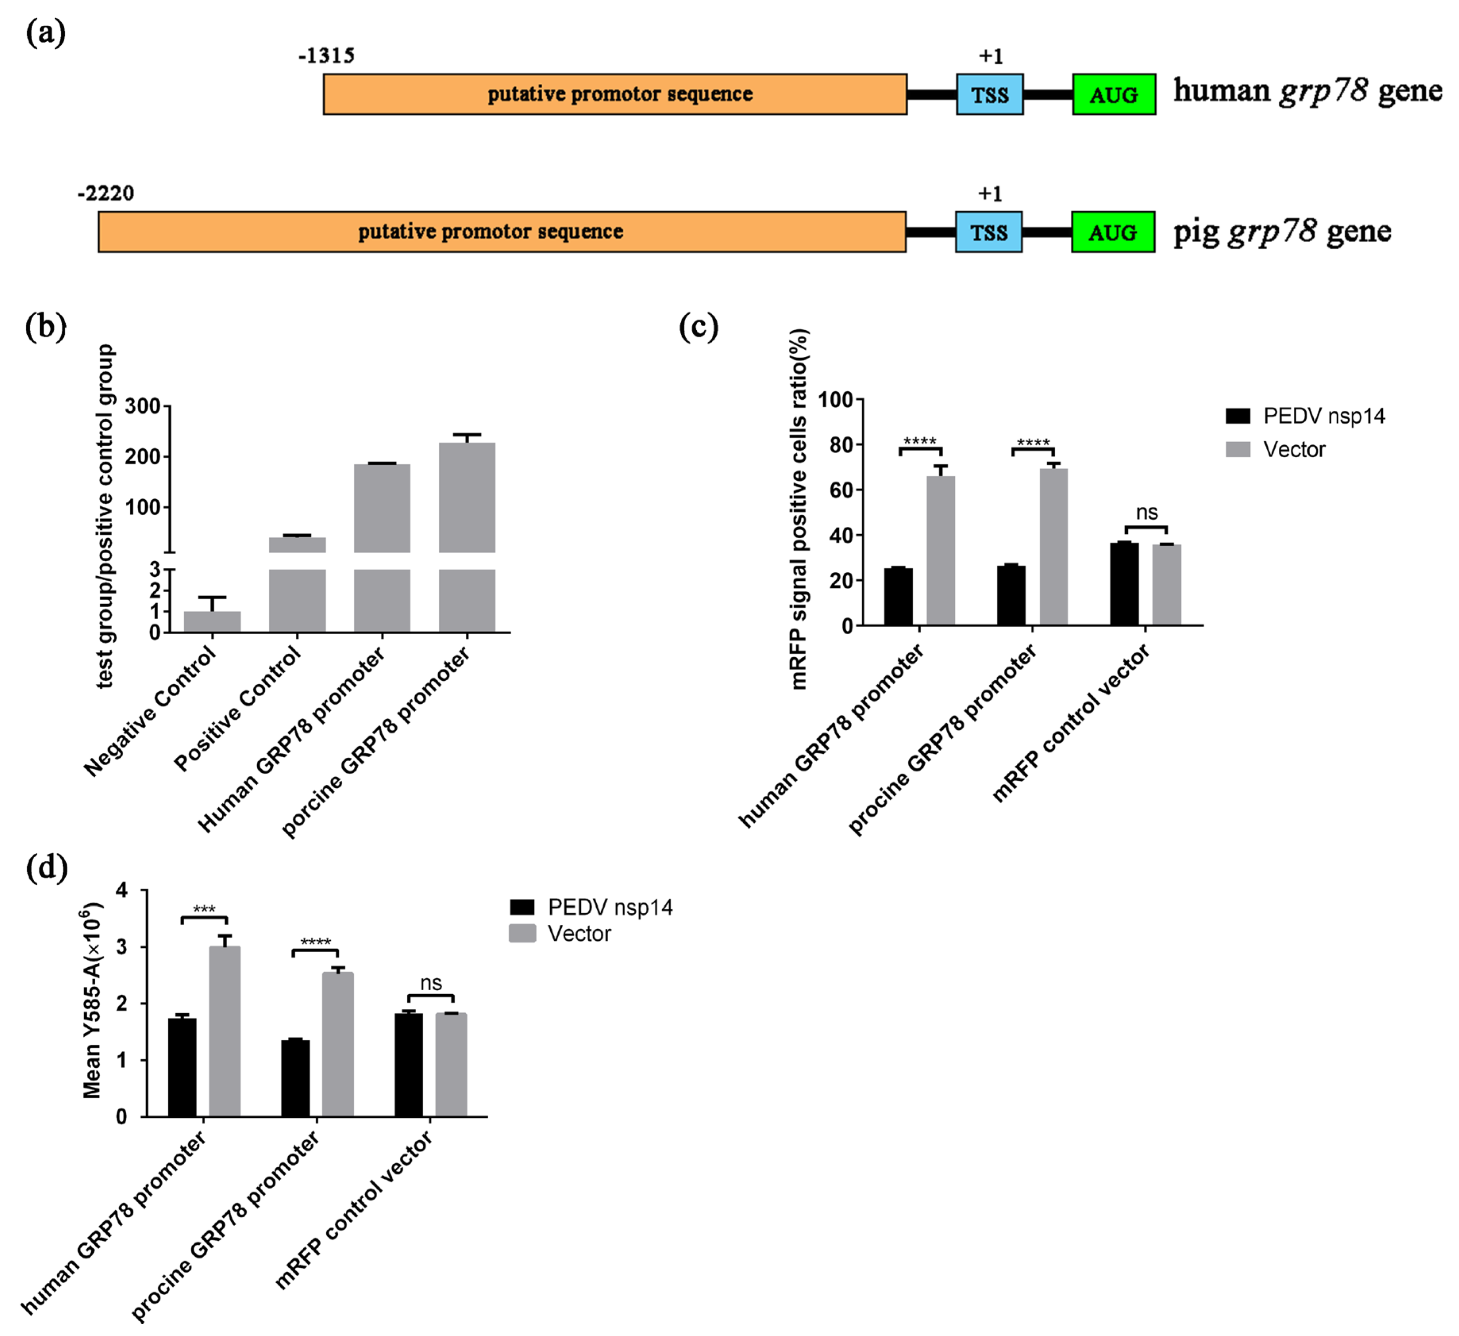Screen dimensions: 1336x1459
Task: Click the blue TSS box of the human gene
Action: click(x=989, y=94)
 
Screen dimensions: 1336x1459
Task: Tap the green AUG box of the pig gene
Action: click(x=1112, y=232)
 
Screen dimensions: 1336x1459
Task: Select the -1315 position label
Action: click(x=326, y=56)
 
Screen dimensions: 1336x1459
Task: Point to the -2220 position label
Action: click(x=106, y=193)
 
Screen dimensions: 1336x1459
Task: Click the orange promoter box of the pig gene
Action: click(x=501, y=231)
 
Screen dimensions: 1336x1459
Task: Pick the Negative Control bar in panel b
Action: click(x=212, y=622)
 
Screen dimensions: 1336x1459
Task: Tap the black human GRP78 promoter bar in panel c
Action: click(x=898, y=596)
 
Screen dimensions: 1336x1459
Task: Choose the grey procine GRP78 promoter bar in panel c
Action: click(x=1053, y=547)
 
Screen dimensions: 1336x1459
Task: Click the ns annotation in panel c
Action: click(x=1147, y=512)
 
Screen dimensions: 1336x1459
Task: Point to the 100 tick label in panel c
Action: click(x=835, y=400)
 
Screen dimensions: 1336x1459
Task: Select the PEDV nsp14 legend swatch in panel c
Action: click(x=1238, y=416)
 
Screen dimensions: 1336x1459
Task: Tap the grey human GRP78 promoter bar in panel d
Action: click(x=224, y=1031)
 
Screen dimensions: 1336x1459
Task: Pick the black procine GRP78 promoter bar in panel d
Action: click(x=295, y=1078)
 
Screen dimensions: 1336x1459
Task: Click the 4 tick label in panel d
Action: click(x=121, y=890)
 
